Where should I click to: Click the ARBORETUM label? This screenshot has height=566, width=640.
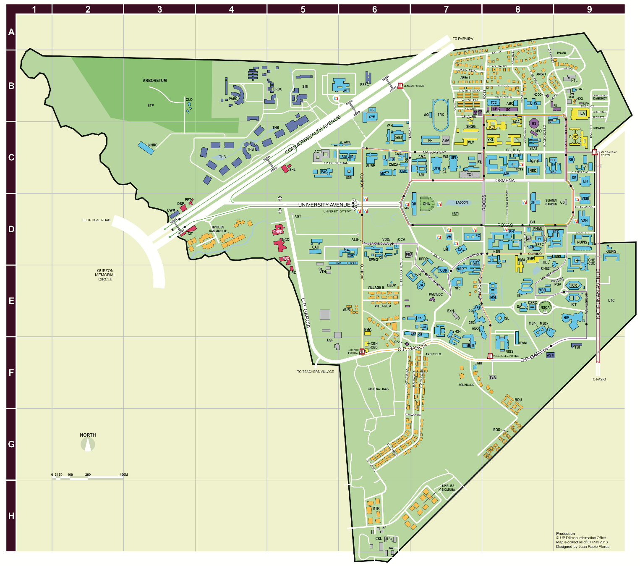(x=154, y=81)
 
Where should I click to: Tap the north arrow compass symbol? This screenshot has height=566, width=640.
(x=88, y=444)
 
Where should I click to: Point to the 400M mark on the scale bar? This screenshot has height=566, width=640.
(x=123, y=475)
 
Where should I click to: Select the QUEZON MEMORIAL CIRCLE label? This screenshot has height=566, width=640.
(x=105, y=275)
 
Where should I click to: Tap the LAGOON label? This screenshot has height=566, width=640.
(x=462, y=202)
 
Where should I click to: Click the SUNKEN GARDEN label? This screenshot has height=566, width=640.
(x=551, y=202)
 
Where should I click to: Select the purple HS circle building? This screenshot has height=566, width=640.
(x=534, y=123)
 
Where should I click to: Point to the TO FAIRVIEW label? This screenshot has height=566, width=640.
(x=462, y=39)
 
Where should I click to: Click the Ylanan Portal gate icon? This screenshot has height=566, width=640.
(x=400, y=86)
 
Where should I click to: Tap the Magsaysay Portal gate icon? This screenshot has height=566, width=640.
(x=594, y=152)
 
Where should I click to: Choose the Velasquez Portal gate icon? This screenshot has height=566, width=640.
(x=490, y=356)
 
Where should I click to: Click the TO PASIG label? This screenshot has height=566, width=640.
(x=598, y=379)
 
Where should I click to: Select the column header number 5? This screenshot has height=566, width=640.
(x=303, y=9)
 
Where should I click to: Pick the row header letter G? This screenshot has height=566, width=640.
(x=11, y=444)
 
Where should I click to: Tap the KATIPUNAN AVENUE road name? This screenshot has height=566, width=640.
(x=598, y=293)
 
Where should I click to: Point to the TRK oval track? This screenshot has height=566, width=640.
(x=441, y=114)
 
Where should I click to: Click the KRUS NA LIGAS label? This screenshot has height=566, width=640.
(x=378, y=389)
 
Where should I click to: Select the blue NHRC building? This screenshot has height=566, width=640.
(x=146, y=148)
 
